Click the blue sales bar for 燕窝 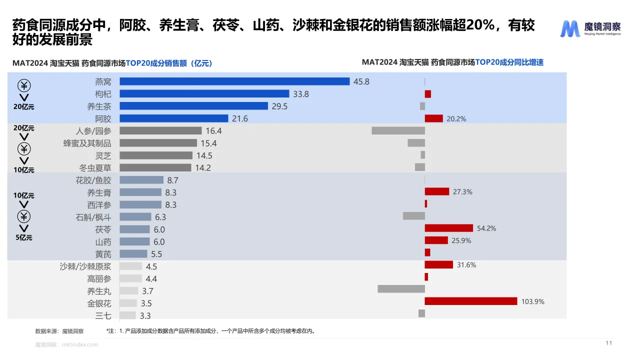(234, 81)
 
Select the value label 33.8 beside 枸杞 (301, 94)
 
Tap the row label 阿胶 (103, 118)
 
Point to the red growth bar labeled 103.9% (470, 301)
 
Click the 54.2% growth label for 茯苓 (486, 228)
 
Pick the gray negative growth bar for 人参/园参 (398, 130)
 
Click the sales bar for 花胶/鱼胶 (141, 180)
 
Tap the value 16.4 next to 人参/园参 (213, 131)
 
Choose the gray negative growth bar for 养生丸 (401, 289)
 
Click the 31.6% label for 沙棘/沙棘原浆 (466, 265)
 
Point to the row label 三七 (103, 315)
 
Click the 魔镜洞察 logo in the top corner (590, 29)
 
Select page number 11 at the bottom (608, 343)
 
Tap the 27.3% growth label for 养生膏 (462, 191)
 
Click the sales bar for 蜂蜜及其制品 (158, 143)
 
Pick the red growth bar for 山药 (436, 240)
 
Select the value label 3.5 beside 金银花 (146, 303)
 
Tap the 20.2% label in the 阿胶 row (456, 119)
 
